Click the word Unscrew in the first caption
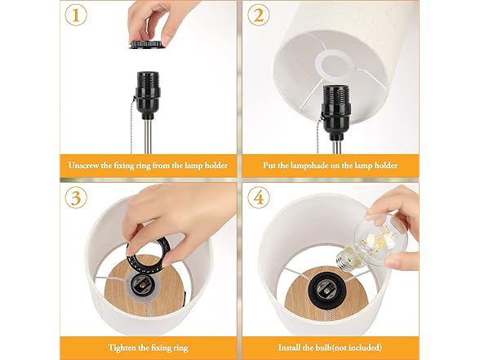[91, 165]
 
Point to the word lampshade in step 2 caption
[319, 165]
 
